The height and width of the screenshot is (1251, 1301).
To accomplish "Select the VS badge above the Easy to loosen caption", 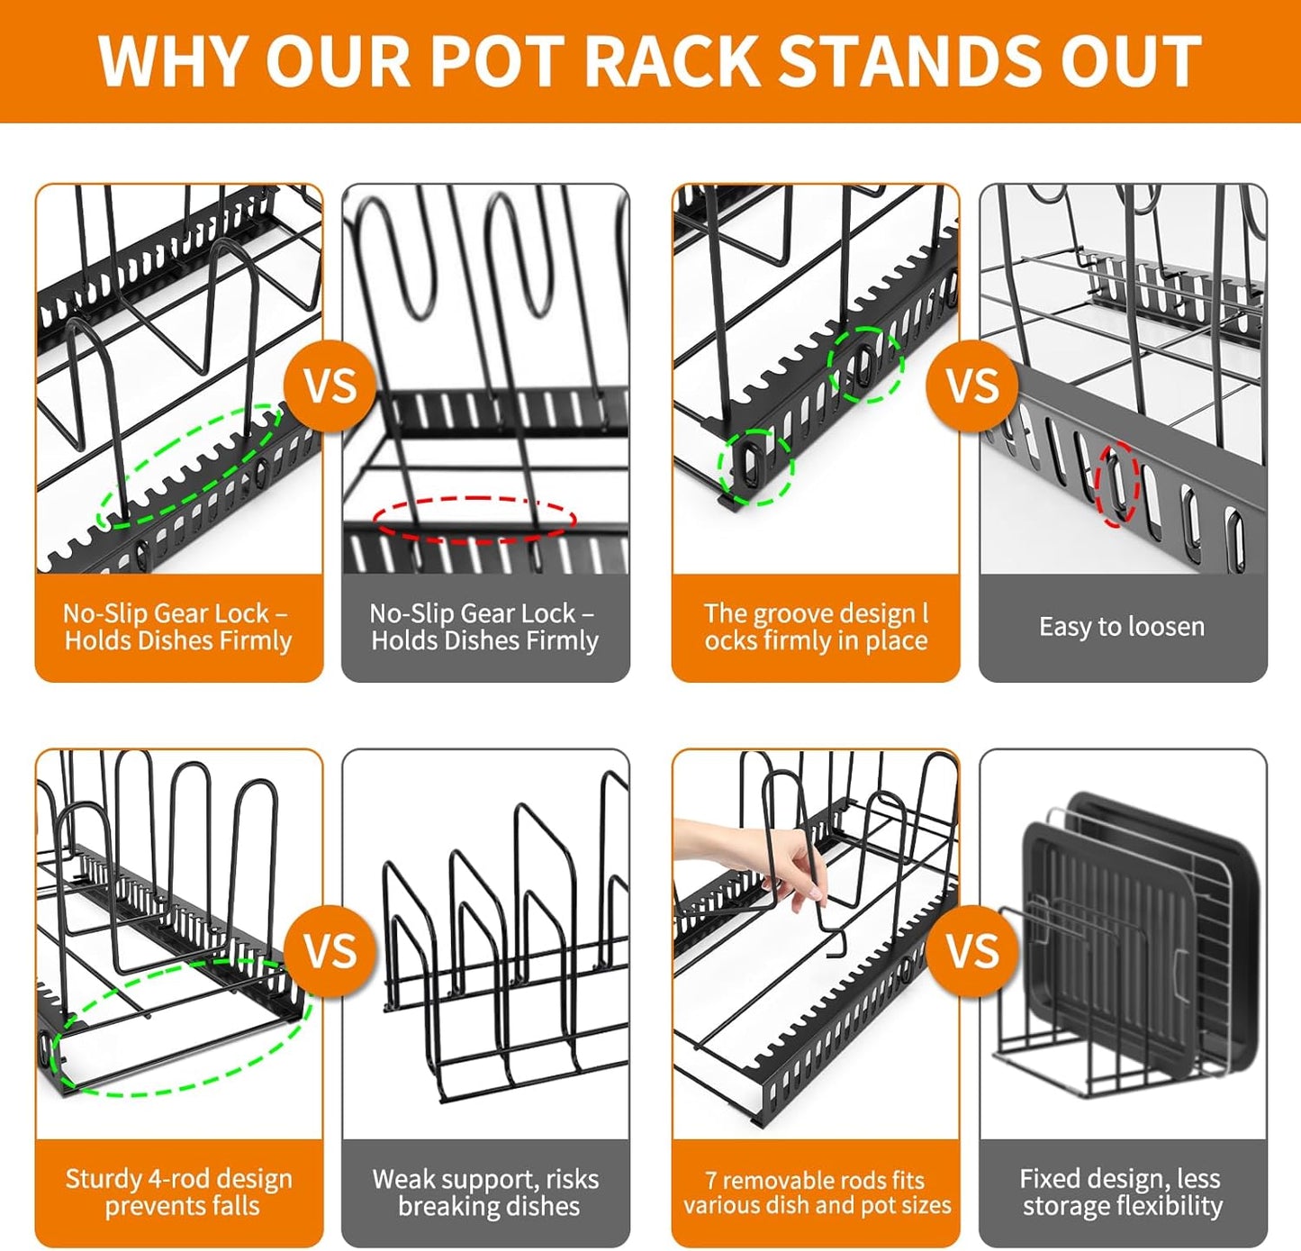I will pyautogui.click(x=972, y=386).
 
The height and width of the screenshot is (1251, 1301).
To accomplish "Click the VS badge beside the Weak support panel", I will pyautogui.click(x=330, y=951).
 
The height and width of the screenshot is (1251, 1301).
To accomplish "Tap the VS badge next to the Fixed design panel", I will pyautogui.click(x=972, y=951).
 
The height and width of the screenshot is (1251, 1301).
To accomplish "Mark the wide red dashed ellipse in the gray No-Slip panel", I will pyautogui.click(x=474, y=519).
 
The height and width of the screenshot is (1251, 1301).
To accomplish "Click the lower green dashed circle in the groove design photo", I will pyautogui.click(x=754, y=466).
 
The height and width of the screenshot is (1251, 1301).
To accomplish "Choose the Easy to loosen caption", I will pyautogui.click(x=1122, y=627).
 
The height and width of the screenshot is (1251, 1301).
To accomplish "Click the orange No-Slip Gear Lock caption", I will pyautogui.click(x=178, y=627).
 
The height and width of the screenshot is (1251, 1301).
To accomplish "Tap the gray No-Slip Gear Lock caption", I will pyautogui.click(x=484, y=627).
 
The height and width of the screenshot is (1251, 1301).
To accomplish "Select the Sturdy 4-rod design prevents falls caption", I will pyautogui.click(x=178, y=1192).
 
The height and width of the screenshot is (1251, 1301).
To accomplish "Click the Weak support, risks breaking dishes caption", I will pyautogui.click(x=486, y=1192).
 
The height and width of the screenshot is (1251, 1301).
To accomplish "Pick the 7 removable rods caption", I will pyautogui.click(x=816, y=1192).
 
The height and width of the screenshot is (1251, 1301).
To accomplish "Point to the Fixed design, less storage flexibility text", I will pyautogui.click(x=1122, y=1192).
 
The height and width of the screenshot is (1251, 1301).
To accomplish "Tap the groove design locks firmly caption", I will pyautogui.click(x=816, y=627).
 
